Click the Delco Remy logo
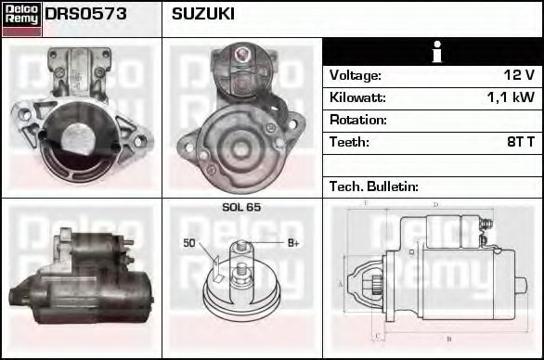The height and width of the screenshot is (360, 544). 21,19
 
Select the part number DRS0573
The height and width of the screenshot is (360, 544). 86,15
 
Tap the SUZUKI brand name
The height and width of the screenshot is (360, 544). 202,15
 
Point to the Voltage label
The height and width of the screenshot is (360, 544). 355,75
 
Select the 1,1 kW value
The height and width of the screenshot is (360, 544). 512,97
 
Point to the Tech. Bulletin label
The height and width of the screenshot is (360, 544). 374,186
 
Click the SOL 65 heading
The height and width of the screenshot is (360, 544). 241,207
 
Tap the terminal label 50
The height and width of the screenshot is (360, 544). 188,243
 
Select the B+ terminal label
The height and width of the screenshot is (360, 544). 292,243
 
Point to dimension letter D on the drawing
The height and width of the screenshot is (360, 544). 436,204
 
